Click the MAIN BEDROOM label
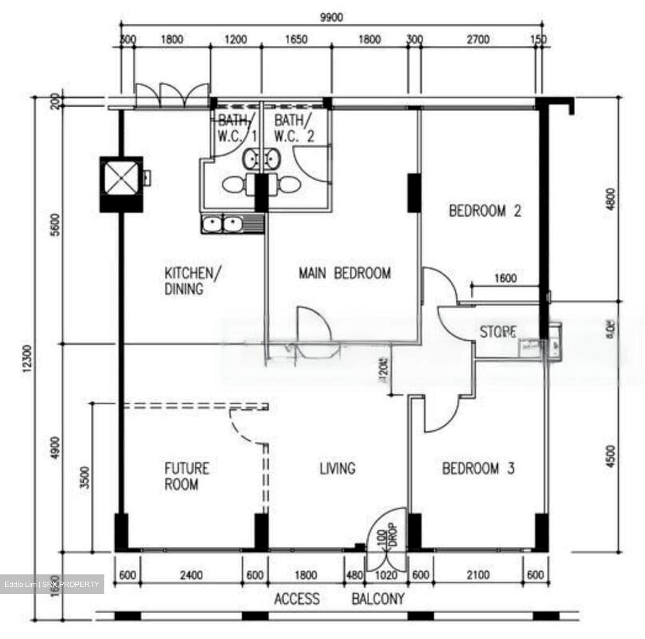[344, 273]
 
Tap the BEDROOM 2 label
[485, 211]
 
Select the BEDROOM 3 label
[478, 469]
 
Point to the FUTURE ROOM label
[186, 476]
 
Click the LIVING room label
[337, 469]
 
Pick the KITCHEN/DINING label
[193, 281]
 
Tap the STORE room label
[498, 332]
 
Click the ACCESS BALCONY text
[339, 599]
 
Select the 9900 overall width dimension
[331, 17]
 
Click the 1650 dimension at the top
[296, 40]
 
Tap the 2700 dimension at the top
[478, 40]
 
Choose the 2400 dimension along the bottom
[191, 575]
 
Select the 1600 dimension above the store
[505, 278]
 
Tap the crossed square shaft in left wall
[121, 178]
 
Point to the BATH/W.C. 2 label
[294, 128]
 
